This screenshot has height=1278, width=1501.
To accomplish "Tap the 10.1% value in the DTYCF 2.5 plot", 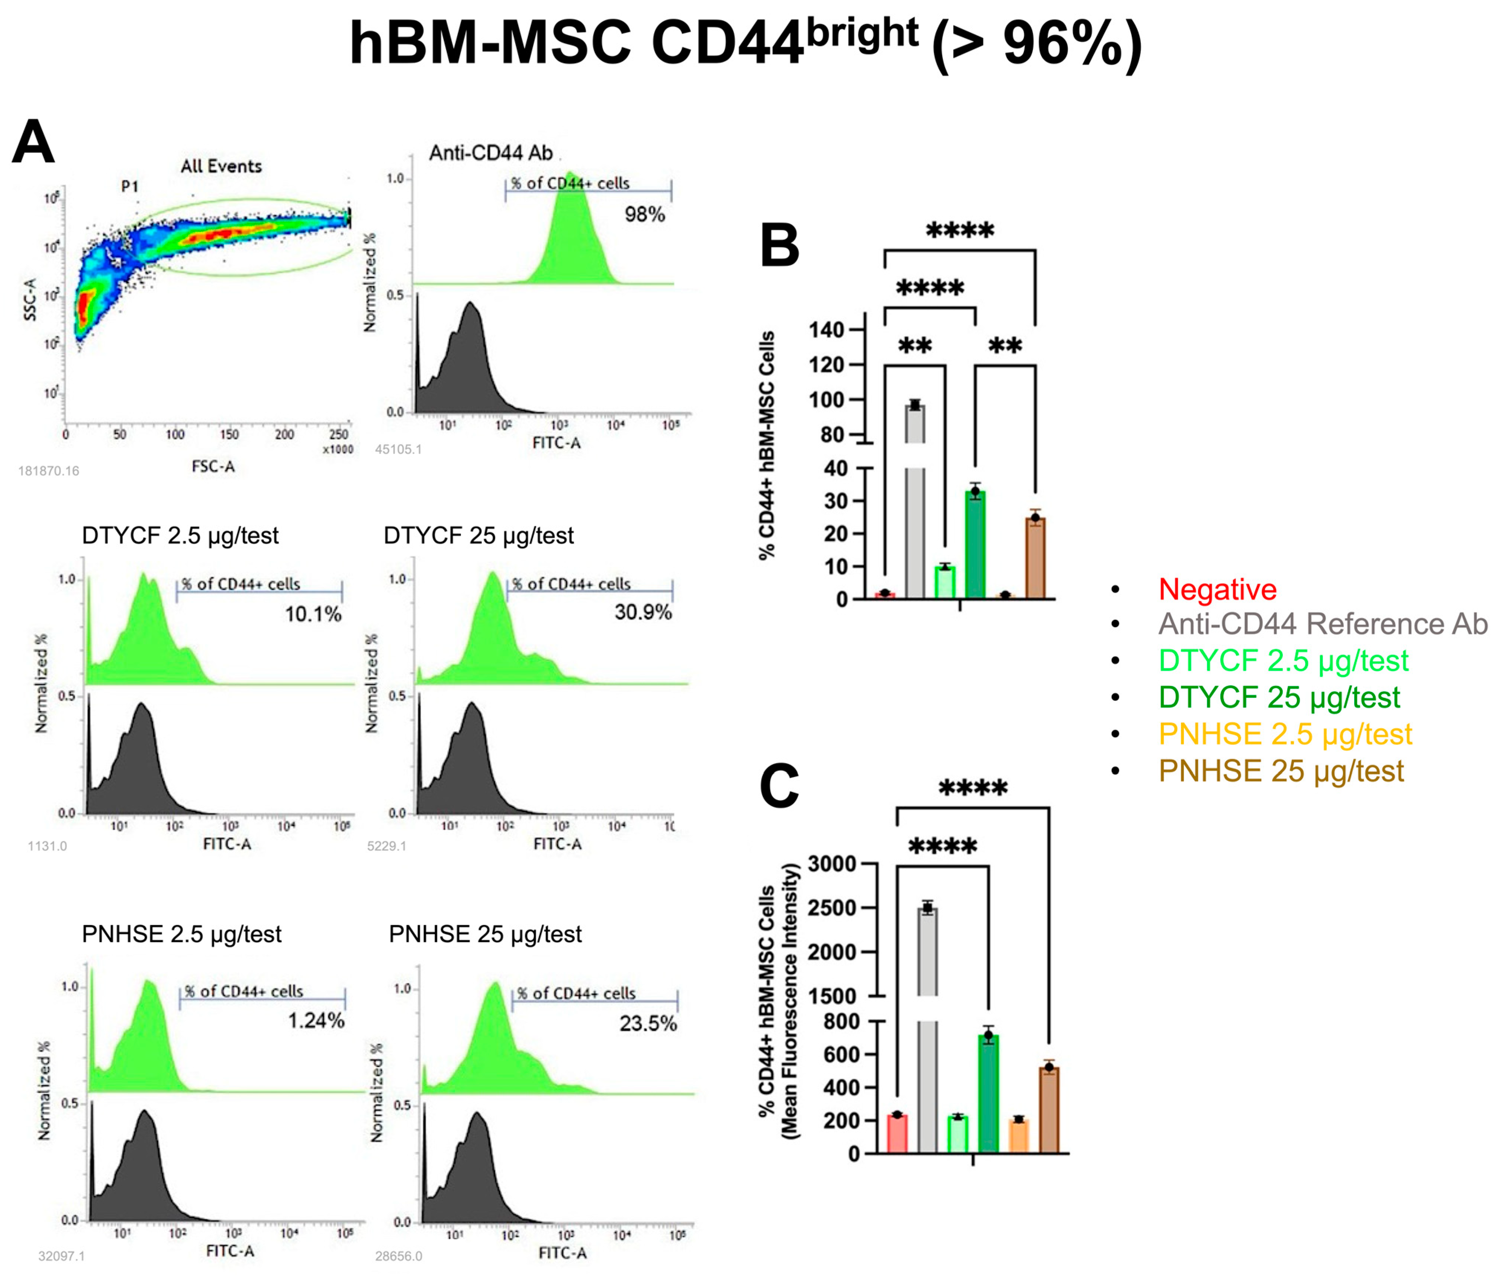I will click(x=312, y=614).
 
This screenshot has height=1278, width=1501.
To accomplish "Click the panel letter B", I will click(x=779, y=246).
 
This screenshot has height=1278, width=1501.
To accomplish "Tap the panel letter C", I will click(x=779, y=787).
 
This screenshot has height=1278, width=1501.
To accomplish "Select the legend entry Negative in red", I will click(x=1217, y=590).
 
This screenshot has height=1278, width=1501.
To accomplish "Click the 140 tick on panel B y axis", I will click(x=827, y=330).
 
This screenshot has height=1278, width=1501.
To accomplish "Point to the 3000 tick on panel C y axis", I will click(x=832, y=864).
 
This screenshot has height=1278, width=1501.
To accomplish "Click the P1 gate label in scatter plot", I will click(x=130, y=187).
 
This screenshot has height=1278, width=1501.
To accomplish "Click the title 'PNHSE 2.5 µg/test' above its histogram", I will click(x=182, y=934).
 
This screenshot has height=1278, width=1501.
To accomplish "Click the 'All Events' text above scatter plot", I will click(x=221, y=167).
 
